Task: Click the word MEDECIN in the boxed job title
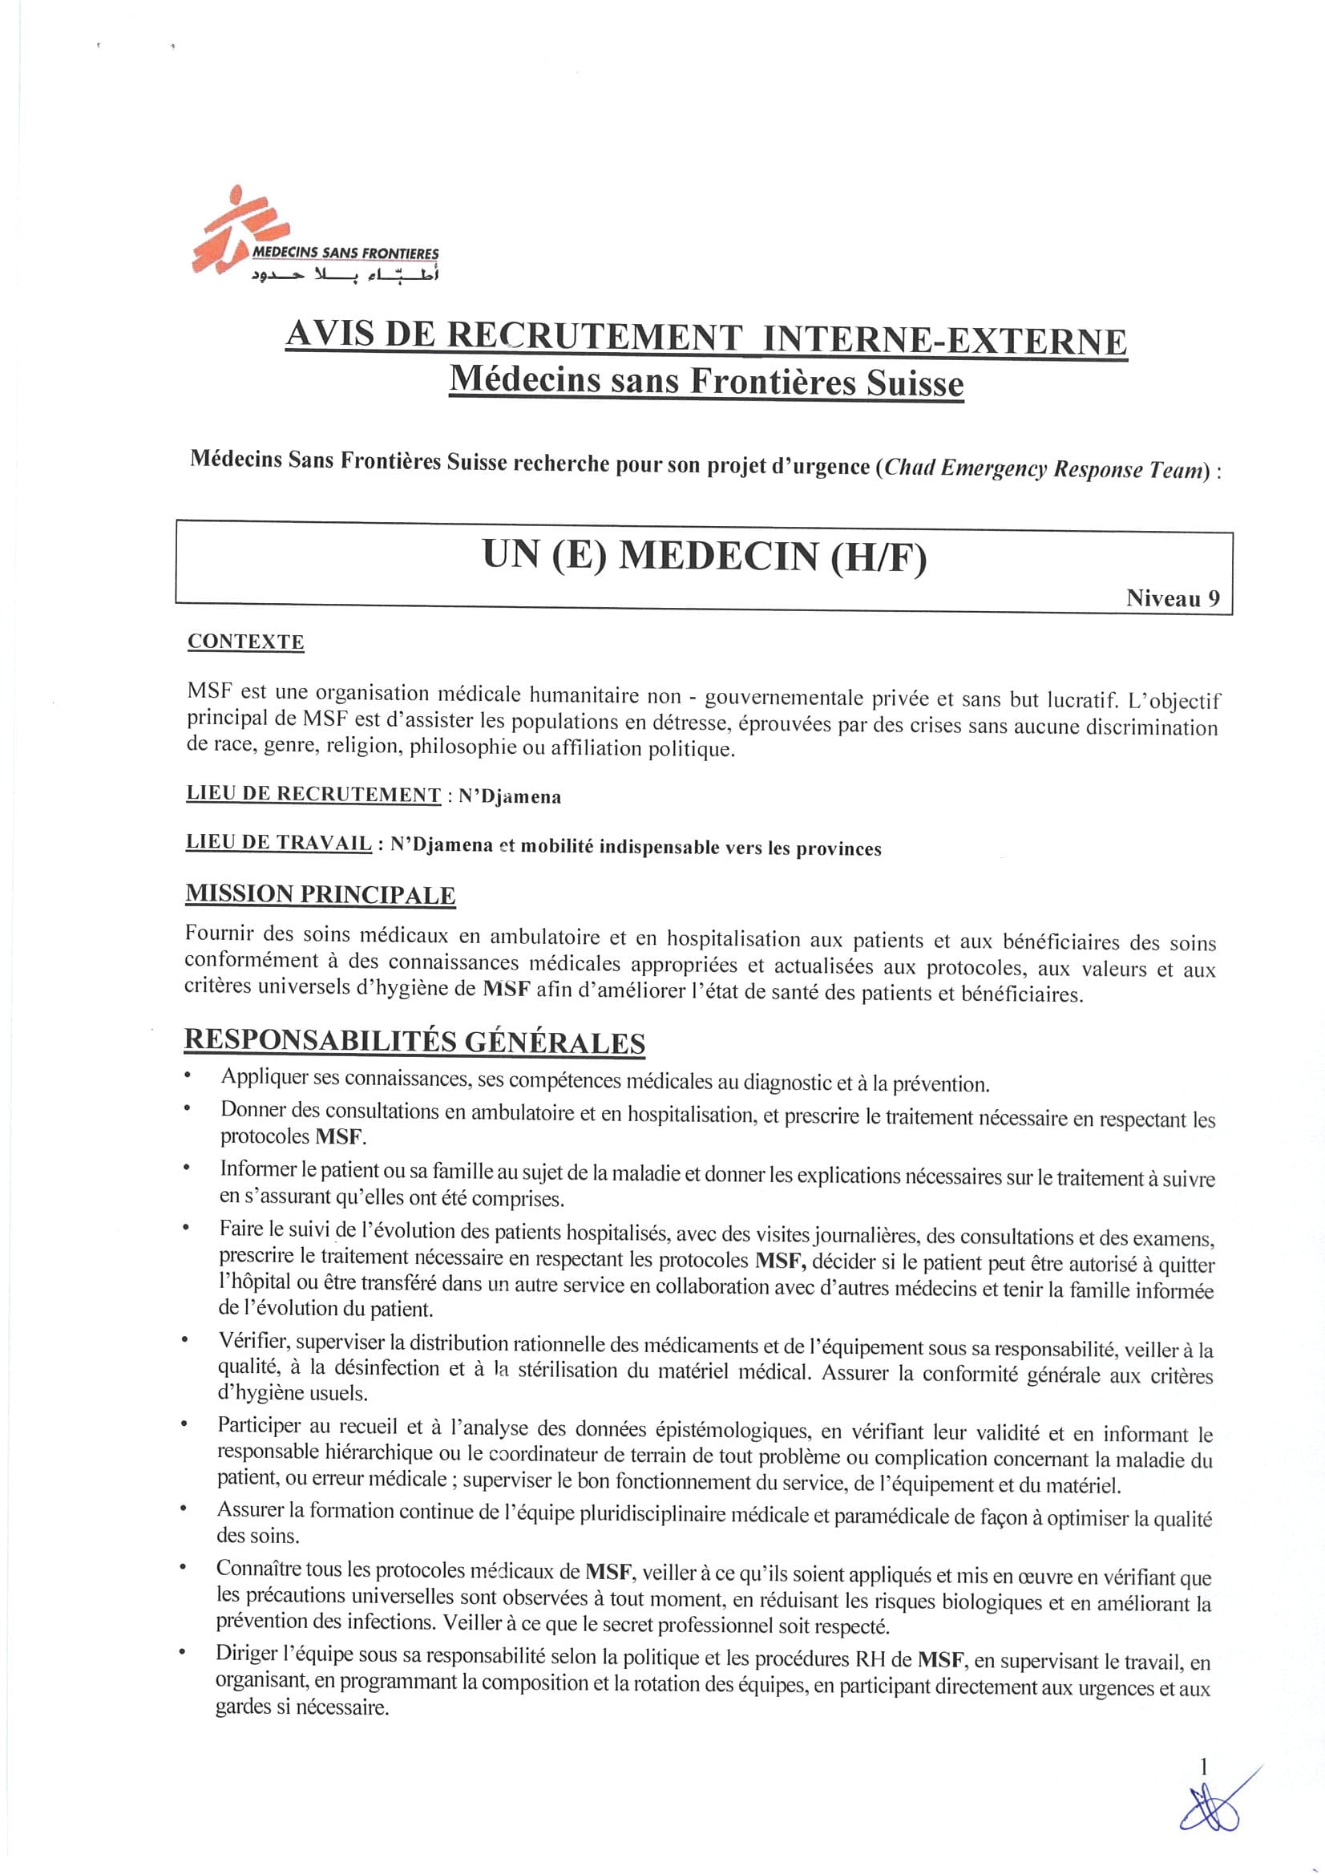pyautogui.click(x=717, y=557)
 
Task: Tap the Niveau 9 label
pyautogui.click(x=1173, y=598)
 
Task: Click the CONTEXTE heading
pyautogui.click(x=246, y=642)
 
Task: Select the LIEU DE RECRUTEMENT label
pyautogui.click(x=313, y=794)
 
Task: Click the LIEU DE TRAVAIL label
pyautogui.click(x=279, y=844)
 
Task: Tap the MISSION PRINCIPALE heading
pyautogui.click(x=320, y=894)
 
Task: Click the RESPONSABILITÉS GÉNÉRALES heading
pyautogui.click(x=414, y=1042)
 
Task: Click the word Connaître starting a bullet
pyautogui.click(x=257, y=1568)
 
